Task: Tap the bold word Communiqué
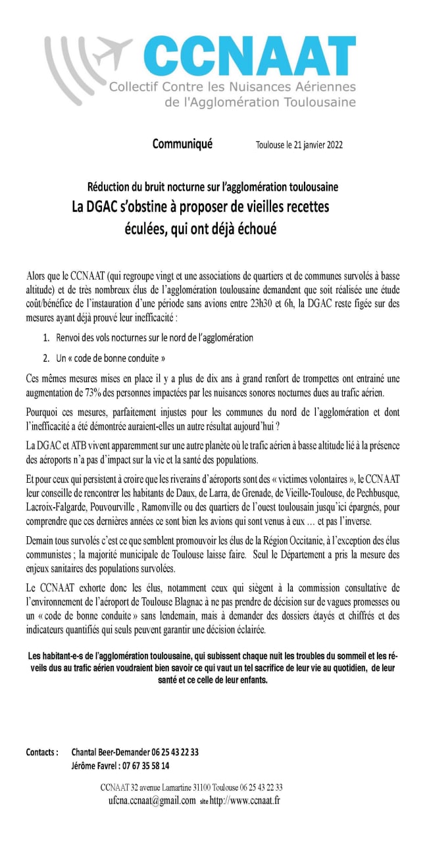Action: pos(182,144)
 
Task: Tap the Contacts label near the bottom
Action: pos(42,752)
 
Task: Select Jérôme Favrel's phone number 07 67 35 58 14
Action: pos(145,766)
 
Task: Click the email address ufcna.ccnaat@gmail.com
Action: pos(152,801)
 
